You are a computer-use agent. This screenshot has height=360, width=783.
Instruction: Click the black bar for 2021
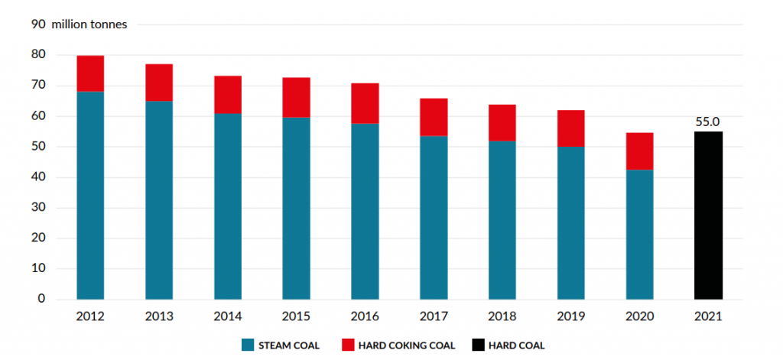click(x=708, y=215)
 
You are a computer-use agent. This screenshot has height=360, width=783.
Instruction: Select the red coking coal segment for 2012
click(x=90, y=73)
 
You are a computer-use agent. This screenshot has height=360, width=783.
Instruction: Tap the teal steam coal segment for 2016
click(x=365, y=211)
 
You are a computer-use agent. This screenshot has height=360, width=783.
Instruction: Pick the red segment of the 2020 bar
click(x=639, y=151)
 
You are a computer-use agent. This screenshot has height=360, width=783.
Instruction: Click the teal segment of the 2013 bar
click(x=159, y=200)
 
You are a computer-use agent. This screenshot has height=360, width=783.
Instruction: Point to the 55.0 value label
click(x=708, y=121)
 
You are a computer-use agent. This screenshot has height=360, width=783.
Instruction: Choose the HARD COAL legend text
click(x=518, y=345)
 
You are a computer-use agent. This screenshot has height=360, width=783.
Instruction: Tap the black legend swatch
click(x=479, y=345)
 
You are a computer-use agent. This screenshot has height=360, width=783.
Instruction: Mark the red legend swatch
click(x=349, y=345)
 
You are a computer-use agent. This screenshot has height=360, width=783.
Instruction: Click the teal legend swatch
click(x=247, y=345)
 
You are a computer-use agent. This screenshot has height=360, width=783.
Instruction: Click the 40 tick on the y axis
click(x=38, y=177)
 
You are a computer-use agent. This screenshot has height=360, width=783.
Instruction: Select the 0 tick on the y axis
click(x=41, y=299)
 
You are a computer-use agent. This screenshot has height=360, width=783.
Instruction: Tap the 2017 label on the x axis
click(x=434, y=315)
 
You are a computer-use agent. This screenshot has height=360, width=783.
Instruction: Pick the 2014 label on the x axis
click(x=228, y=315)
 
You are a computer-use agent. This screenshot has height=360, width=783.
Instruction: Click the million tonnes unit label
click(x=89, y=24)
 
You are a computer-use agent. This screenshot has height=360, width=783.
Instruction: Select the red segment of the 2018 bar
click(x=502, y=123)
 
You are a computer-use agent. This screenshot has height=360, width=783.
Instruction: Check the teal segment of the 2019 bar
click(x=570, y=222)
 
